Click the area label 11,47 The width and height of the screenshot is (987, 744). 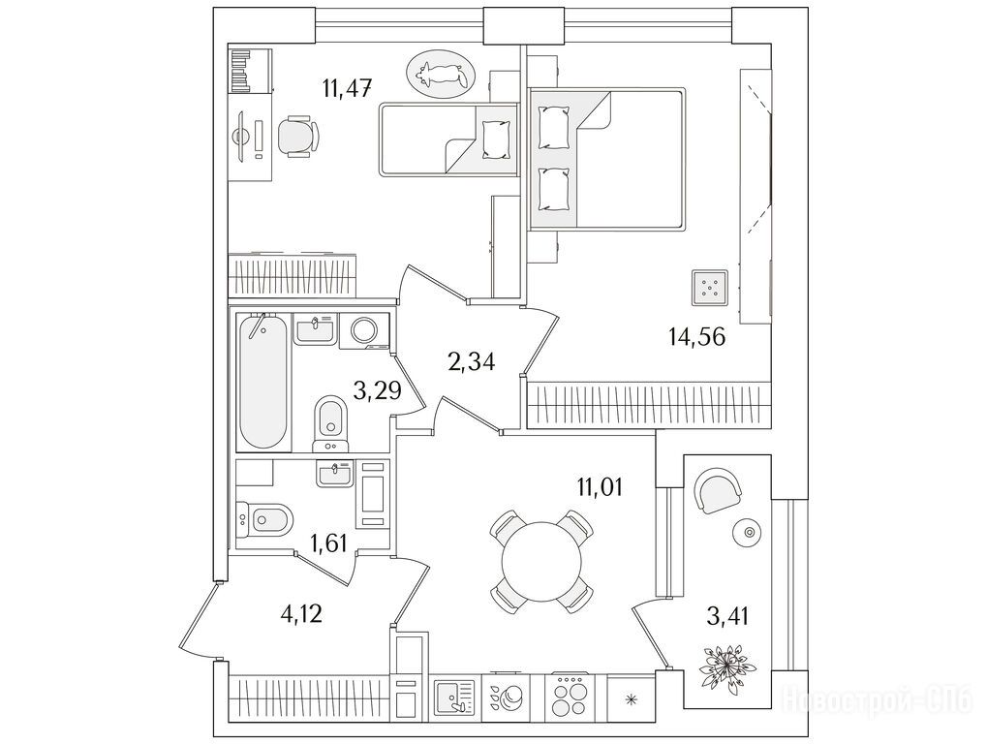[x=348, y=87]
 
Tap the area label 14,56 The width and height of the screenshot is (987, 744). [x=696, y=337]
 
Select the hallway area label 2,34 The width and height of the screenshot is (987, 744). [x=471, y=362]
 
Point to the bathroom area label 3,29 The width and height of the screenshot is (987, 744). [x=377, y=390]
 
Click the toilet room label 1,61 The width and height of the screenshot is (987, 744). [x=329, y=542]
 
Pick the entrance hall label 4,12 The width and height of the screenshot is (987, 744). [x=301, y=612]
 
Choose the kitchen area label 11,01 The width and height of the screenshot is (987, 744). [x=600, y=486]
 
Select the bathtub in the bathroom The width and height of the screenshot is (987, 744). [x=263, y=383]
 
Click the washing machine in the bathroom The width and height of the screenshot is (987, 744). [x=364, y=330]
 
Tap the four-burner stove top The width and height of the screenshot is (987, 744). [x=569, y=697]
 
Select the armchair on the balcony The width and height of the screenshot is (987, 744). [x=718, y=491]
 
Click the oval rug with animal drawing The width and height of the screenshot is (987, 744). [x=440, y=75]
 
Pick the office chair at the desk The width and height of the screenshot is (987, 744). [x=298, y=136]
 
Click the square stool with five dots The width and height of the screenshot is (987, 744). [x=710, y=288]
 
